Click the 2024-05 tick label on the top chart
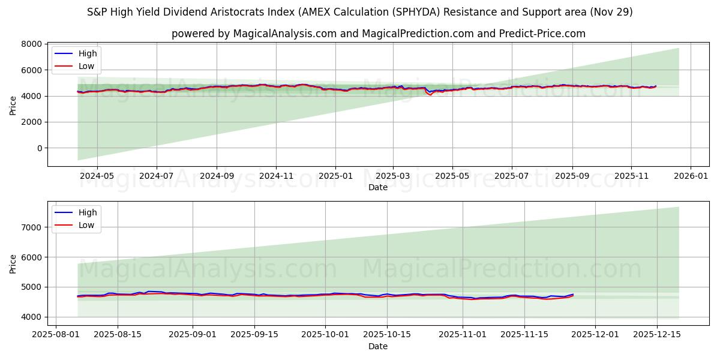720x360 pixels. tap(97, 177)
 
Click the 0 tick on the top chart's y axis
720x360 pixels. tap(40, 148)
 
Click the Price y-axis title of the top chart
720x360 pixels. tap(13, 105)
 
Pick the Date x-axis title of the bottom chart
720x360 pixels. tap(378, 346)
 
